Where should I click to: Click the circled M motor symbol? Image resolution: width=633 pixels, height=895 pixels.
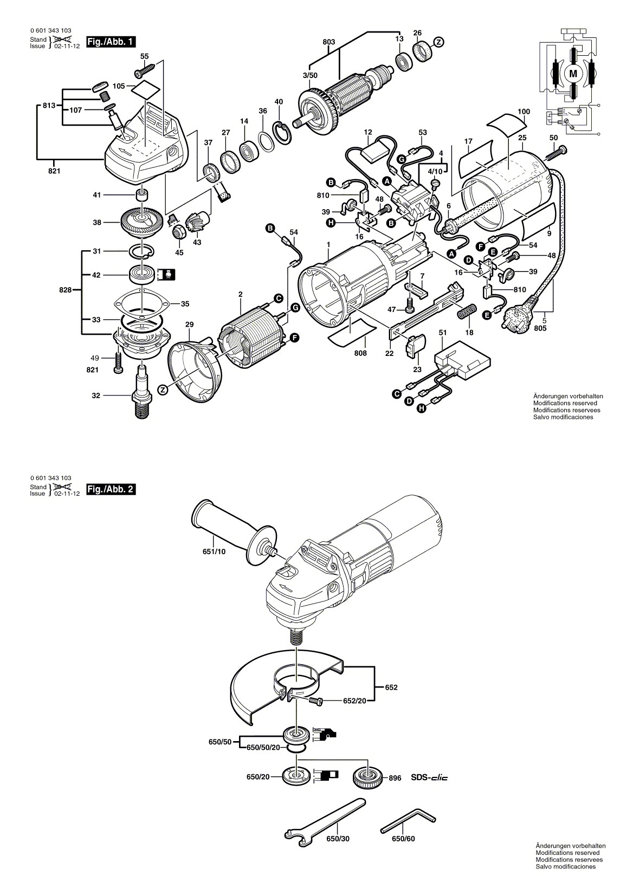[x=573, y=73]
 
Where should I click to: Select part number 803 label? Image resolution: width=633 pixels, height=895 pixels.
[x=329, y=42]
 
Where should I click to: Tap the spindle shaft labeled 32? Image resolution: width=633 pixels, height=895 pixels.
[x=143, y=392]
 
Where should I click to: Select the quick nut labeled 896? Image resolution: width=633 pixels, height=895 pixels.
[x=365, y=779]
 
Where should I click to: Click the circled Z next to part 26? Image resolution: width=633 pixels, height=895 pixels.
[x=439, y=42]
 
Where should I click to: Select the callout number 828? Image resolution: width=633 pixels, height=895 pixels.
[x=65, y=290]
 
